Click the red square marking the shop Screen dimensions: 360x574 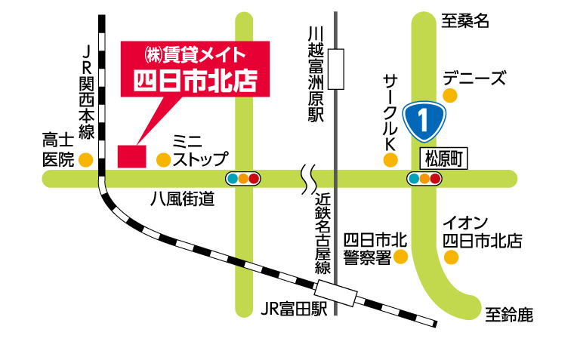[131, 155]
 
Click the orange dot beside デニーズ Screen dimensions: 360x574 [450, 96]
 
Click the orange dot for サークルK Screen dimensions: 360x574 [390, 159]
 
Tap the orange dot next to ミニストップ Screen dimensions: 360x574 [162, 159]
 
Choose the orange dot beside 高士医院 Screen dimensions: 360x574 [85, 159]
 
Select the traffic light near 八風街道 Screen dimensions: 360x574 [242, 179]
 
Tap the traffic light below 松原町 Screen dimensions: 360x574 [424, 179]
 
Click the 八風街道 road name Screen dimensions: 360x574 [182, 199]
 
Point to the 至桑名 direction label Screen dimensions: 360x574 [465, 21]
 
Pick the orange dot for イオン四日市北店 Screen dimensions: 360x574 [451, 258]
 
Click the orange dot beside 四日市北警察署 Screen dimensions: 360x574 [400, 258]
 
